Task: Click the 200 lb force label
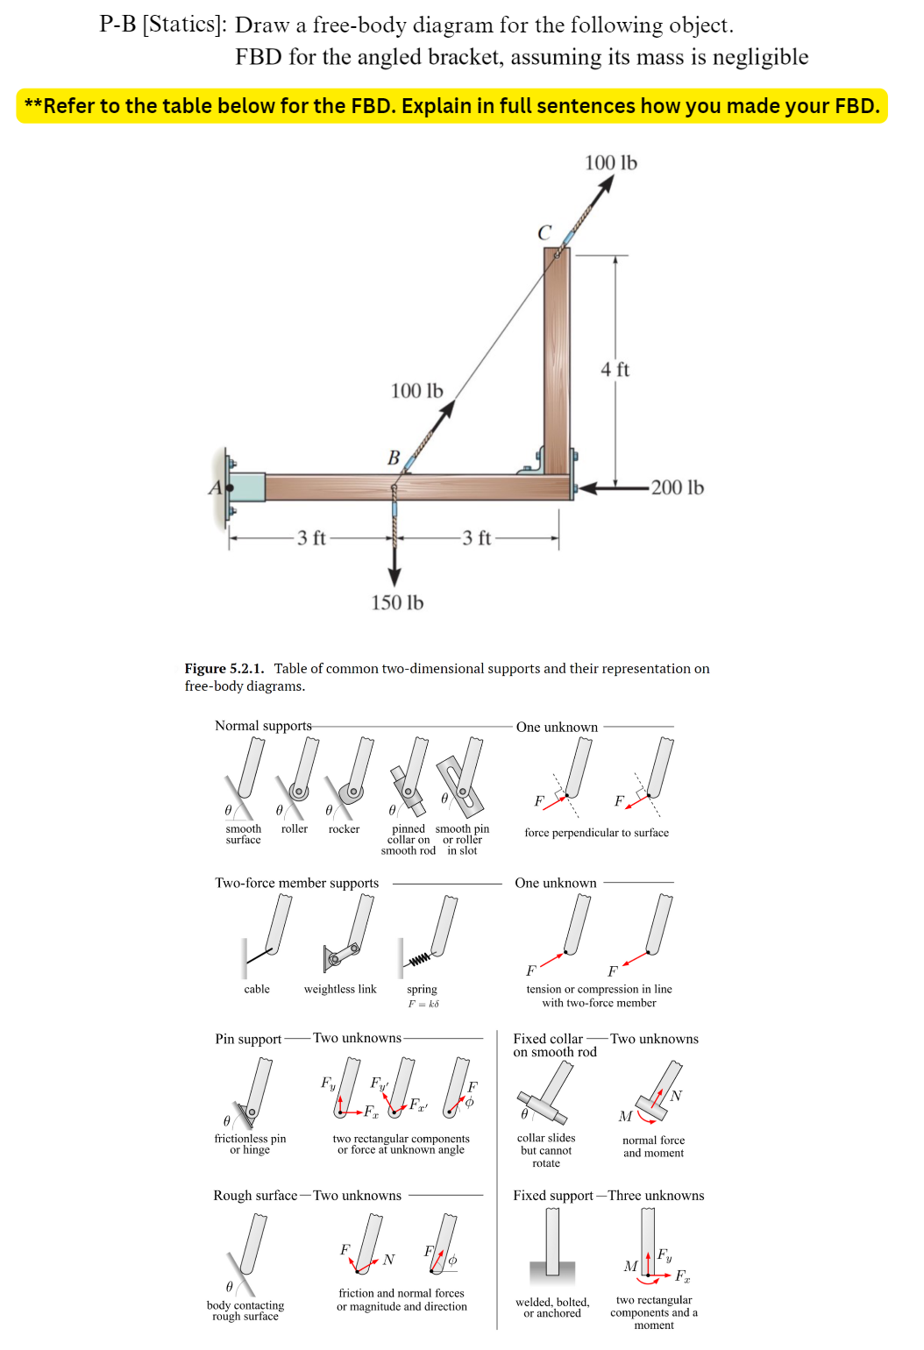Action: (677, 487)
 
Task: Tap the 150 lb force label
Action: (397, 602)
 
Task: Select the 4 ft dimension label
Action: (615, 369)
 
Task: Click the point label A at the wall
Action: (214, 487)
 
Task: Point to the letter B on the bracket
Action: (394, 458)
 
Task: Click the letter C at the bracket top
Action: (544, 232)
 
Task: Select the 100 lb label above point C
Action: (611, 162)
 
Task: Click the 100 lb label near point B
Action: (416, 390)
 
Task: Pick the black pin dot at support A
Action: (230, 487)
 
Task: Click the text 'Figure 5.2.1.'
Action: (224, 668)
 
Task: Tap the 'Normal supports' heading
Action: (263, 726)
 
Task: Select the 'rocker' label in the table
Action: (344, 828)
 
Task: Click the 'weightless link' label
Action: (340, 989)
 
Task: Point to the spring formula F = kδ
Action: (423, 1004)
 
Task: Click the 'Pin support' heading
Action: (248, 1039)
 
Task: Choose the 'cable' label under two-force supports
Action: (257, 989)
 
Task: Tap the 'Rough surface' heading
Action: (255, 1196)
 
